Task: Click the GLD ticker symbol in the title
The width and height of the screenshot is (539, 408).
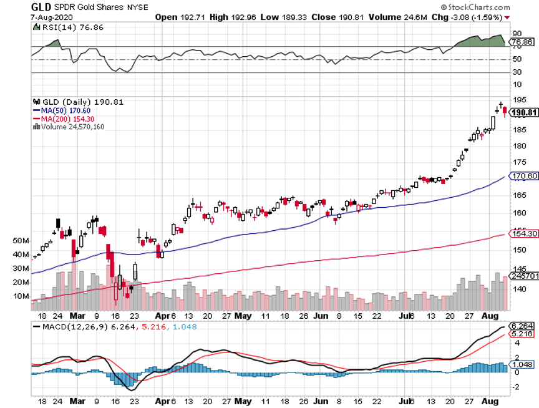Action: (x=41, y=6)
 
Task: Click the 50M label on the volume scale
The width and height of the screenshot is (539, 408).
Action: (x=21, y=241)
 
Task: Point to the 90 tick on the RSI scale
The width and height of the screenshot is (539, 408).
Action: (x=517, y=34)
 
